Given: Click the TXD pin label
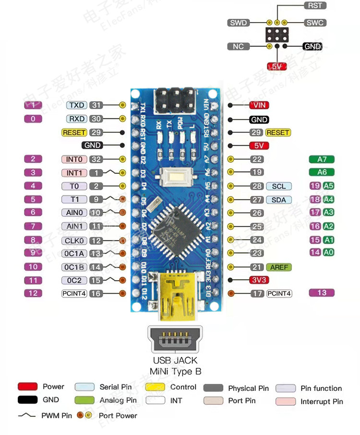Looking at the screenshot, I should tap(77, 105).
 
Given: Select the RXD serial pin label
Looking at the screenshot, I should tap(77, 118).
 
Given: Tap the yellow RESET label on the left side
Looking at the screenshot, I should tap(74, 132).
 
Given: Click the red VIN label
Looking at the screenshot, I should tap(259, 105).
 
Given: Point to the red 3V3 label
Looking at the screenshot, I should tap(258, 280).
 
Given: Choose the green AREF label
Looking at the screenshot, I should tap(279, 267).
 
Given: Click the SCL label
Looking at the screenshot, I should tap(278, 186).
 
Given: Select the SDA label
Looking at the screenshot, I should tap(278, 200).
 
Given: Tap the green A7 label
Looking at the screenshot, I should tap(322, 159).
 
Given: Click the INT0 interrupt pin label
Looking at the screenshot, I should tap(74, 159).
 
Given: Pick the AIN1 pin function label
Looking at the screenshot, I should tap(74, 226).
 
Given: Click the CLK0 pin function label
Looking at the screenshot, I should tap(74, 240).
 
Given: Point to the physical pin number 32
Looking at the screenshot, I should tap(96, 159).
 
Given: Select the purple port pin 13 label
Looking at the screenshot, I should tap(322, 293).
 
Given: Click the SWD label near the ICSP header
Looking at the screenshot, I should tap(239, 23).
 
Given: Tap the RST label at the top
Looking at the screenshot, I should tap(315, 5).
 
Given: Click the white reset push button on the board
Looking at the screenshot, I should tap(174, 178).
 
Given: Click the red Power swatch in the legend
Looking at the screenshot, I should tap(27, 387).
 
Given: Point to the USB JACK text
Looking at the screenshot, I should tap(175, 360).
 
